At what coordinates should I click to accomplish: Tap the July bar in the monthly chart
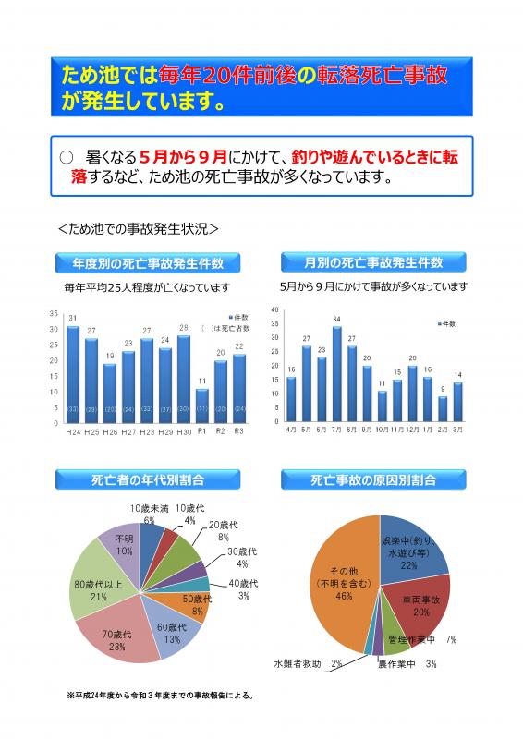337,374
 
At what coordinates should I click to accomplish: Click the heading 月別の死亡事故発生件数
374,261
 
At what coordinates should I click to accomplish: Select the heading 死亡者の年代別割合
148,480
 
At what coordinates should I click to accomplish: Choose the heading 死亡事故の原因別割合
374,480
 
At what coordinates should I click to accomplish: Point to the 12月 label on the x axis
412,430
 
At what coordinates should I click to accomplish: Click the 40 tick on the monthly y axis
274,309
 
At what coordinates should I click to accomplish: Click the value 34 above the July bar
337,319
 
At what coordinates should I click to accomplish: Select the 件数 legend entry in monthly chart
446,324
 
